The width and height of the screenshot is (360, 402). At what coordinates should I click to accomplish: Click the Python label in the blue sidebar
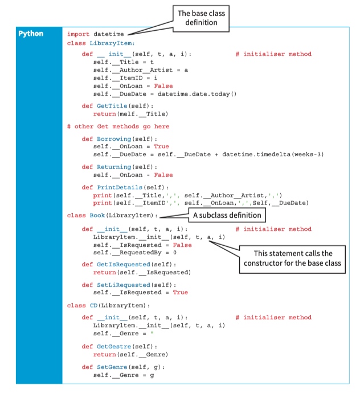[x=31, y=34]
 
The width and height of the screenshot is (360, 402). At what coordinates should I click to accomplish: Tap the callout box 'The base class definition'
[x=201, y=18]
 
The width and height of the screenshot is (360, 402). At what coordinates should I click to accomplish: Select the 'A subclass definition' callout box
[x=227, y=215]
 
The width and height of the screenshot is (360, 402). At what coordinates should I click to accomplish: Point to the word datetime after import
[x=109, y=34]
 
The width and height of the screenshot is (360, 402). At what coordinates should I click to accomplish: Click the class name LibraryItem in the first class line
[x=111, y=43]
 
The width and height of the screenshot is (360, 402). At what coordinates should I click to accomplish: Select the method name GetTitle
[x=112, y=106]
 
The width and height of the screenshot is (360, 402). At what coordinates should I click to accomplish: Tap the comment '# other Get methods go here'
[x=118, y=127]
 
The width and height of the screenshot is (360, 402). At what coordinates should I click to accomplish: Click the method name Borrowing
[x=114, y=139]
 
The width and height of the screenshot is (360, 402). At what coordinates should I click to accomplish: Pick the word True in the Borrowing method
[x=161, y=147]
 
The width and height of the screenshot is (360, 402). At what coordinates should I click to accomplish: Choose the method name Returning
[x=114, y=167]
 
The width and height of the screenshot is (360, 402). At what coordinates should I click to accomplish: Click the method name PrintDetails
[x=120, y=188]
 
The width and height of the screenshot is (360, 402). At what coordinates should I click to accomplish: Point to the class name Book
[x=97, y=216]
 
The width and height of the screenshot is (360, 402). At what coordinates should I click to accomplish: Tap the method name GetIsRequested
[x=124, y=265]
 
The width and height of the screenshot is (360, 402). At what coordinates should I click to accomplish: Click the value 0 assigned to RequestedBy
[x=175, y=253]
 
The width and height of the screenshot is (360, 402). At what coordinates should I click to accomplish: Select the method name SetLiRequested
[x=124, y=285]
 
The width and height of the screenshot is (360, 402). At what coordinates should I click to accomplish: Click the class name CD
[x=93, y=305]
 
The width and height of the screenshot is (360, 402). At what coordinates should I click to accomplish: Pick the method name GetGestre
[x=114, y=347]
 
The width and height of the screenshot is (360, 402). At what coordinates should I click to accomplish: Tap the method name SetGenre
[x=112, y=367]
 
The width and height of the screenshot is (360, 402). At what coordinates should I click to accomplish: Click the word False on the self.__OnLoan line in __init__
[x=163, y=86]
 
